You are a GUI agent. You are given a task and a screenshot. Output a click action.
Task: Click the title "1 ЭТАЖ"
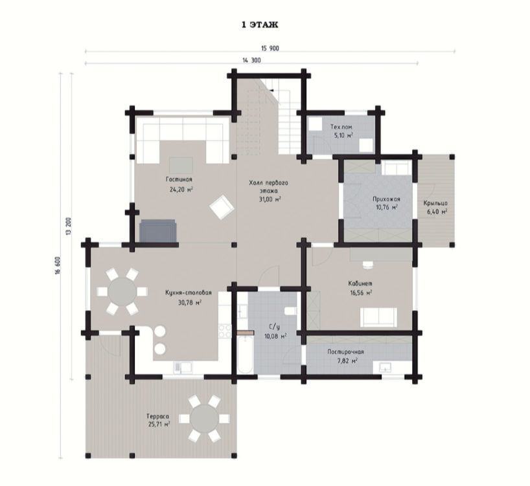click(x=260, y=25)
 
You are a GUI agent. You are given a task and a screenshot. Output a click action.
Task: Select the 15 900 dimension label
click(x=270, y=49)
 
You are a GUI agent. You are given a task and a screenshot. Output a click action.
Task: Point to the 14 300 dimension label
click(x=252, y=60)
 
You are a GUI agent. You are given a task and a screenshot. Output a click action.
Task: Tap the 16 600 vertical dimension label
click(x=58, y=265)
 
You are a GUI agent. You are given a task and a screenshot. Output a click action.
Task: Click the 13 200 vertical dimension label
click(x=69, y=226)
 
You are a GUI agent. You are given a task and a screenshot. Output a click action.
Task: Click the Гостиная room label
click(x=179, y=179)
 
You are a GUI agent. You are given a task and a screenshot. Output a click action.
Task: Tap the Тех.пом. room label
click(x=341, y=127)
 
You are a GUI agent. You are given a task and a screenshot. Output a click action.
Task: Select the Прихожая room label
click(x=386, y=199)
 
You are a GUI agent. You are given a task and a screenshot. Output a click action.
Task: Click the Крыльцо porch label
click(x=435, y=203)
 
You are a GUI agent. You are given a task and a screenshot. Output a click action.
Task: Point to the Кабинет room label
click(x=360, y=283)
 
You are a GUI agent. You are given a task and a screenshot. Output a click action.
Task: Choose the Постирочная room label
click(x=345, y=351)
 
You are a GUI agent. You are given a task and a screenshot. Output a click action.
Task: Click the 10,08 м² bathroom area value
click(x=275, y=336)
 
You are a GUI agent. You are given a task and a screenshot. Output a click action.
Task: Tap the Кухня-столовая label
click(x=189, y=293)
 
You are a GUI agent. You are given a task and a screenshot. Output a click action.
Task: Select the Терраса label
click(x=157, y=417)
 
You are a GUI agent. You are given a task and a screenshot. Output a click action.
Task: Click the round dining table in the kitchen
click(x=122, y=292)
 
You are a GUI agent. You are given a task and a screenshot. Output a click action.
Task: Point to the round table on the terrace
click(x=204, y=419)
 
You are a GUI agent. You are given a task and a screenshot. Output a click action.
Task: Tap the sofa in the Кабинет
click(x=378, y=317)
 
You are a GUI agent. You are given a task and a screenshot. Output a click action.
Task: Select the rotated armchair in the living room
click(x=222, y=207)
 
